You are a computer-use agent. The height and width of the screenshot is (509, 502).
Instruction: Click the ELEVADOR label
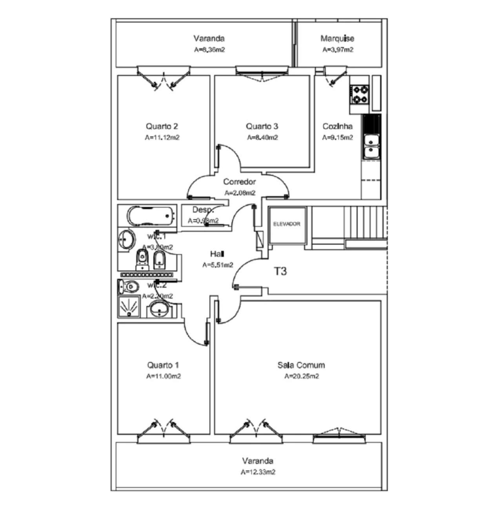point(287,224)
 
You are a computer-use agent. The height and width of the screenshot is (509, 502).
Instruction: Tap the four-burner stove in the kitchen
point(360,95)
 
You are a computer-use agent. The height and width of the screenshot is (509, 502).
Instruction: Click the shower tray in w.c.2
point(129,306)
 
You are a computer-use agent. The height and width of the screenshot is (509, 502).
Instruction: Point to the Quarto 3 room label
point(262,126)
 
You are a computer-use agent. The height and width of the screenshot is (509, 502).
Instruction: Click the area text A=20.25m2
point(301,376)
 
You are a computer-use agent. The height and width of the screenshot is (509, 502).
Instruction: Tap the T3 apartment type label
point(280,271)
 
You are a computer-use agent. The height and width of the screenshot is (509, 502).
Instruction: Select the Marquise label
point(337,38)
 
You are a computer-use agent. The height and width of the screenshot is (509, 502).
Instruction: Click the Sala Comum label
point(301,365)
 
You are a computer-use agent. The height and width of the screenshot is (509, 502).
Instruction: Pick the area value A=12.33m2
point(258,472)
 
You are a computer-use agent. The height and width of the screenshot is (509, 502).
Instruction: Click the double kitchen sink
point(371,146)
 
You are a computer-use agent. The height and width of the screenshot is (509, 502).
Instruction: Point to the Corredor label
point(240,182)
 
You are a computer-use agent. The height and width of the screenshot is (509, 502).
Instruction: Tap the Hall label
point(217,254)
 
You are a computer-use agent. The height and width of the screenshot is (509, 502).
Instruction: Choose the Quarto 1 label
point(163,365)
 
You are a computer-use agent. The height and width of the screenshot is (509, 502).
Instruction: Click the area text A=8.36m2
point(209,50)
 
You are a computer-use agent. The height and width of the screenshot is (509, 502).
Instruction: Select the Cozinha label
point(337,126)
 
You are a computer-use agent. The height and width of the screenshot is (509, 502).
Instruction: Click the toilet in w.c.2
point(129,287)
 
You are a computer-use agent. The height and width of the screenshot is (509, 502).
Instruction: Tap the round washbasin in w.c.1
point(126,238)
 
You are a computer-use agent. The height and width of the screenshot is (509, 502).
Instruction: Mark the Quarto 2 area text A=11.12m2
point(162,138)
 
